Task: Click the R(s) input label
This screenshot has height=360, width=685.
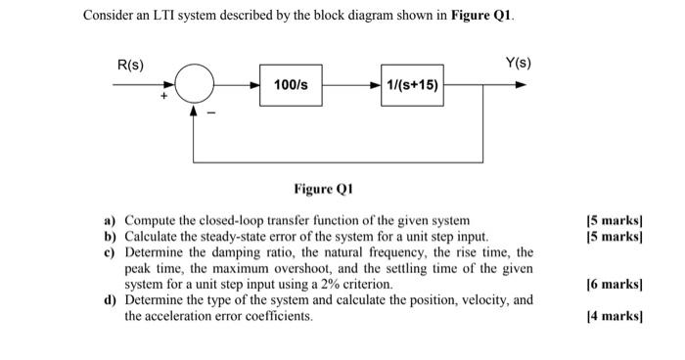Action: click(x=130, y=65)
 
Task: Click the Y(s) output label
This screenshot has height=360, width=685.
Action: click(x=518, y=65)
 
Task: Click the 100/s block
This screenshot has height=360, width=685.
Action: click(x=292, y=85)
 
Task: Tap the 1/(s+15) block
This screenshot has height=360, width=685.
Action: click(x=413, y=85)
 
